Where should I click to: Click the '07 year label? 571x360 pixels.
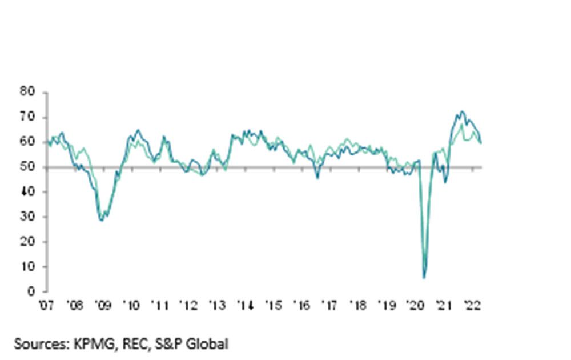[x=47, y=305]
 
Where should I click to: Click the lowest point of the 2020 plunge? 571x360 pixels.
[x=424, y=278]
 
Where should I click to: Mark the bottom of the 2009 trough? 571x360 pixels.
[x=102, y=220]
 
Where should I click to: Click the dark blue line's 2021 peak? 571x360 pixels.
[x=461, y=111]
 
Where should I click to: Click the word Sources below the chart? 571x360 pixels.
[x=38, y=344]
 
